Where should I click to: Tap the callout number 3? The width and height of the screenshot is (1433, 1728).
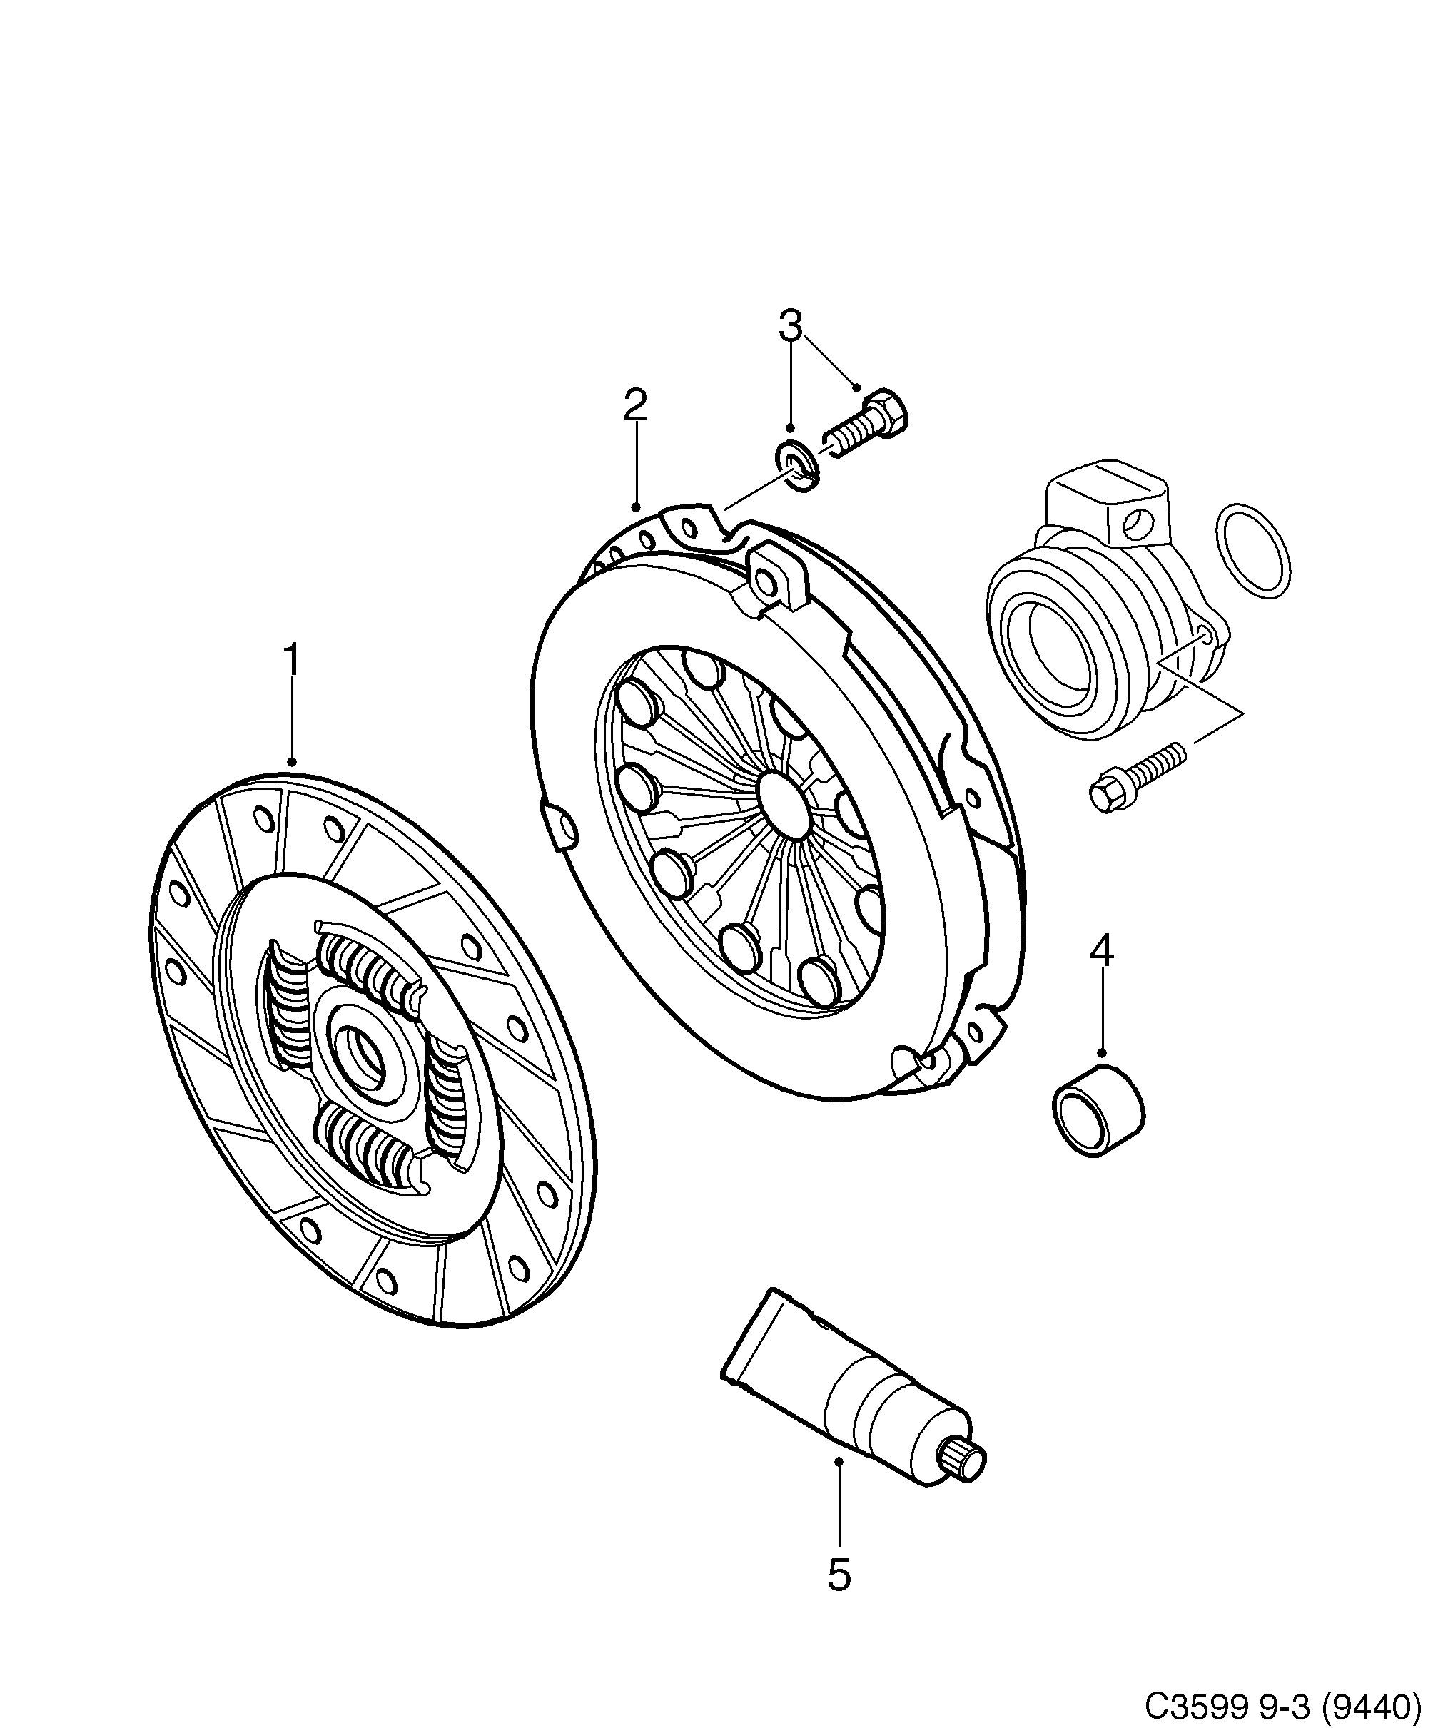point(789,326)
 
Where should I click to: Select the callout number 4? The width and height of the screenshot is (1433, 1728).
point(1101,950)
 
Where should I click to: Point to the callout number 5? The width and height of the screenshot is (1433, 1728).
point(838,1574)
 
